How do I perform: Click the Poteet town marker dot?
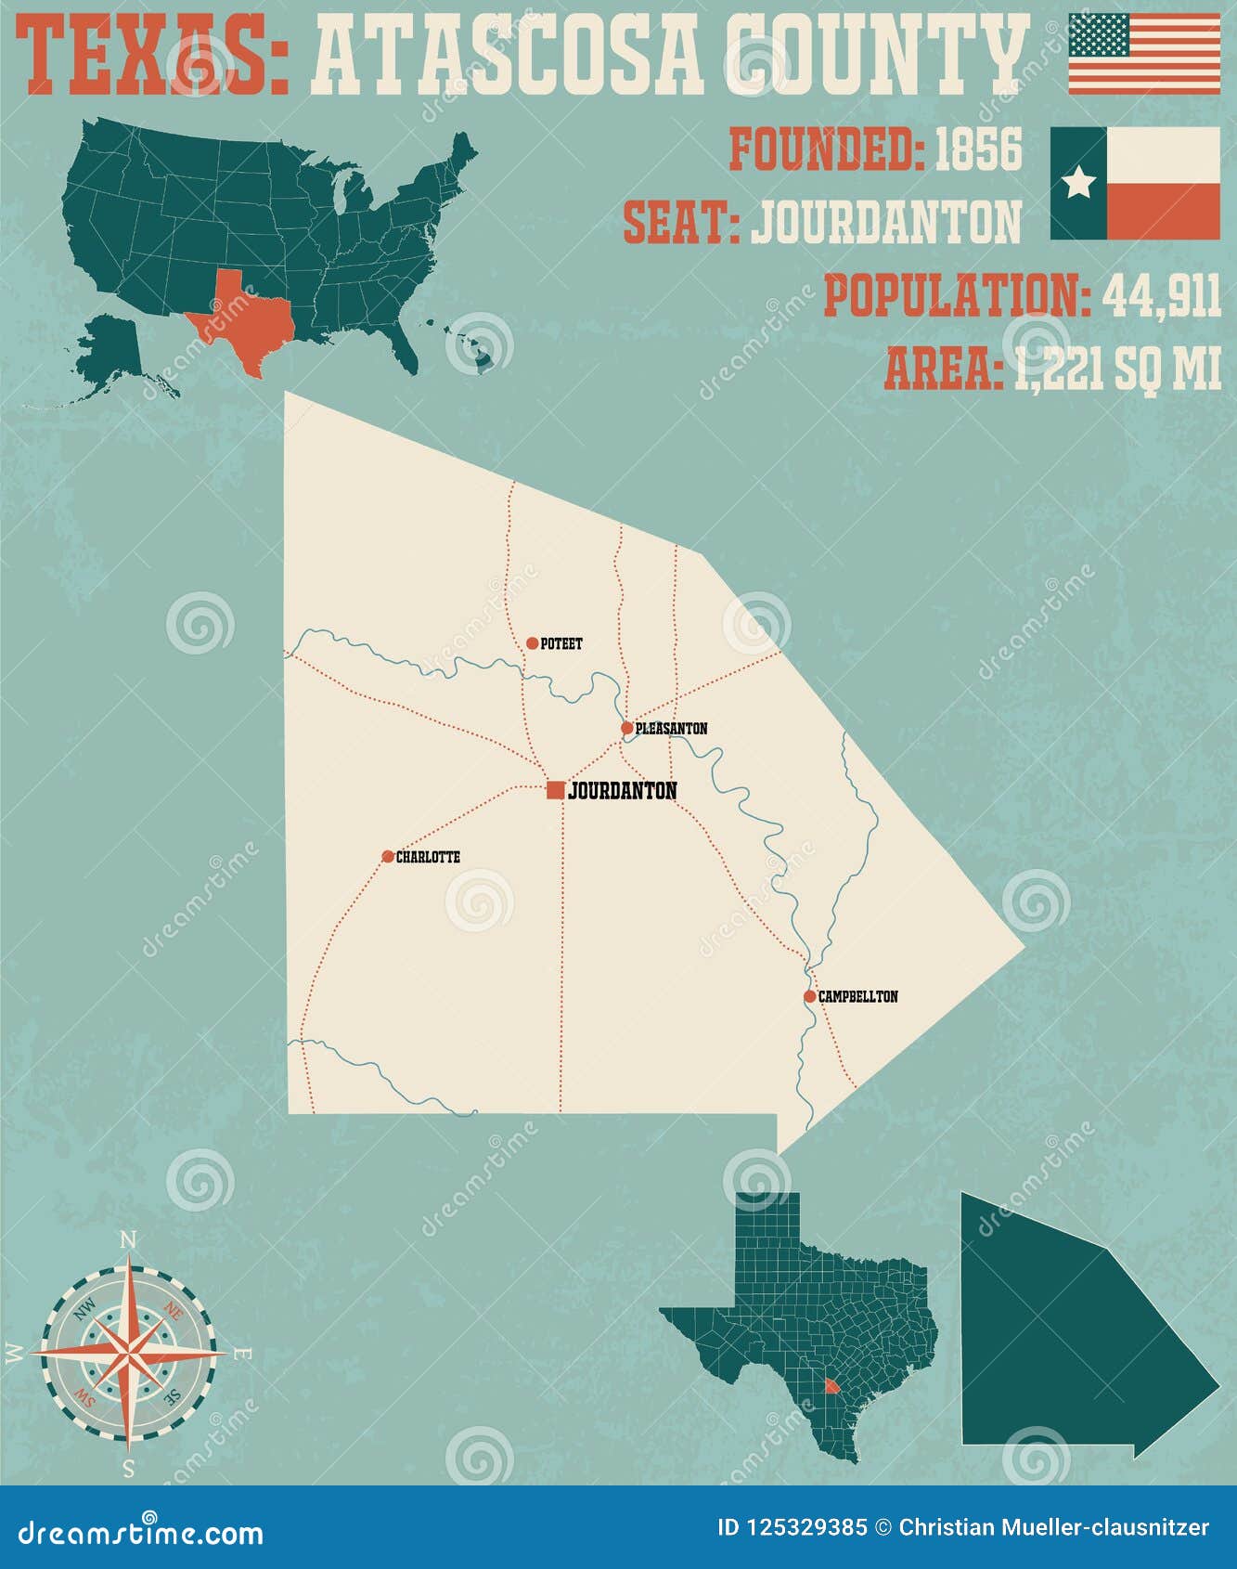click(532, 643)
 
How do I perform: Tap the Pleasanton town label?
click(671, 729)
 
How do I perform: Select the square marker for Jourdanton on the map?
click(555, 790)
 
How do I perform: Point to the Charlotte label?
click(428, 857)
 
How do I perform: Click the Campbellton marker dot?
click(809, 996)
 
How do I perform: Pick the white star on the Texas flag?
click(1078, 184)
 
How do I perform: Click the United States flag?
click(1144, 54)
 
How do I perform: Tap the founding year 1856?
click(977, 150)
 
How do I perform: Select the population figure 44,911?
click(1161, 296)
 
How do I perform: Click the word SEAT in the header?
click(679, 223)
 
